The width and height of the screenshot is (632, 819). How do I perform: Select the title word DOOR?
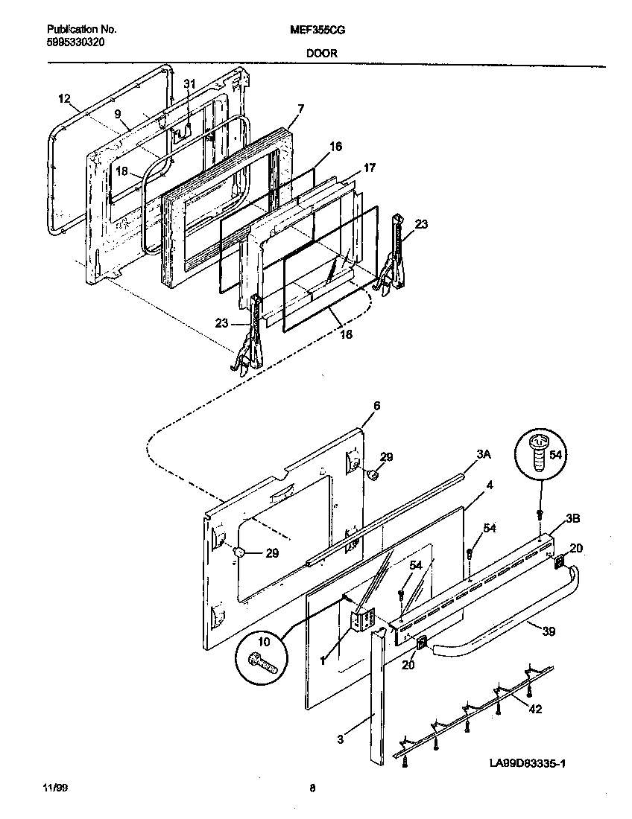pyautogui.click(x=320, y=54)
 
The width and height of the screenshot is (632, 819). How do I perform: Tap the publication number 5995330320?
pyautogui.click(x=75, y=42)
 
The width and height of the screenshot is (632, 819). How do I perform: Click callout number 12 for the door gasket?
pyautogui.click(x=63, y=98)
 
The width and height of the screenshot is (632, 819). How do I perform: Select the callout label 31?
pyautogui.click(x=189, y=84)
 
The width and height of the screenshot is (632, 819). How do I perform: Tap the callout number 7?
pyautogui.click(x=300, y=109)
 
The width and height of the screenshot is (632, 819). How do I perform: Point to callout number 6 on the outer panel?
pyautogui.click(x=376, y=405)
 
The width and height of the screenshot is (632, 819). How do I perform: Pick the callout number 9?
pyautogui.click(x=117, y=113)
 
